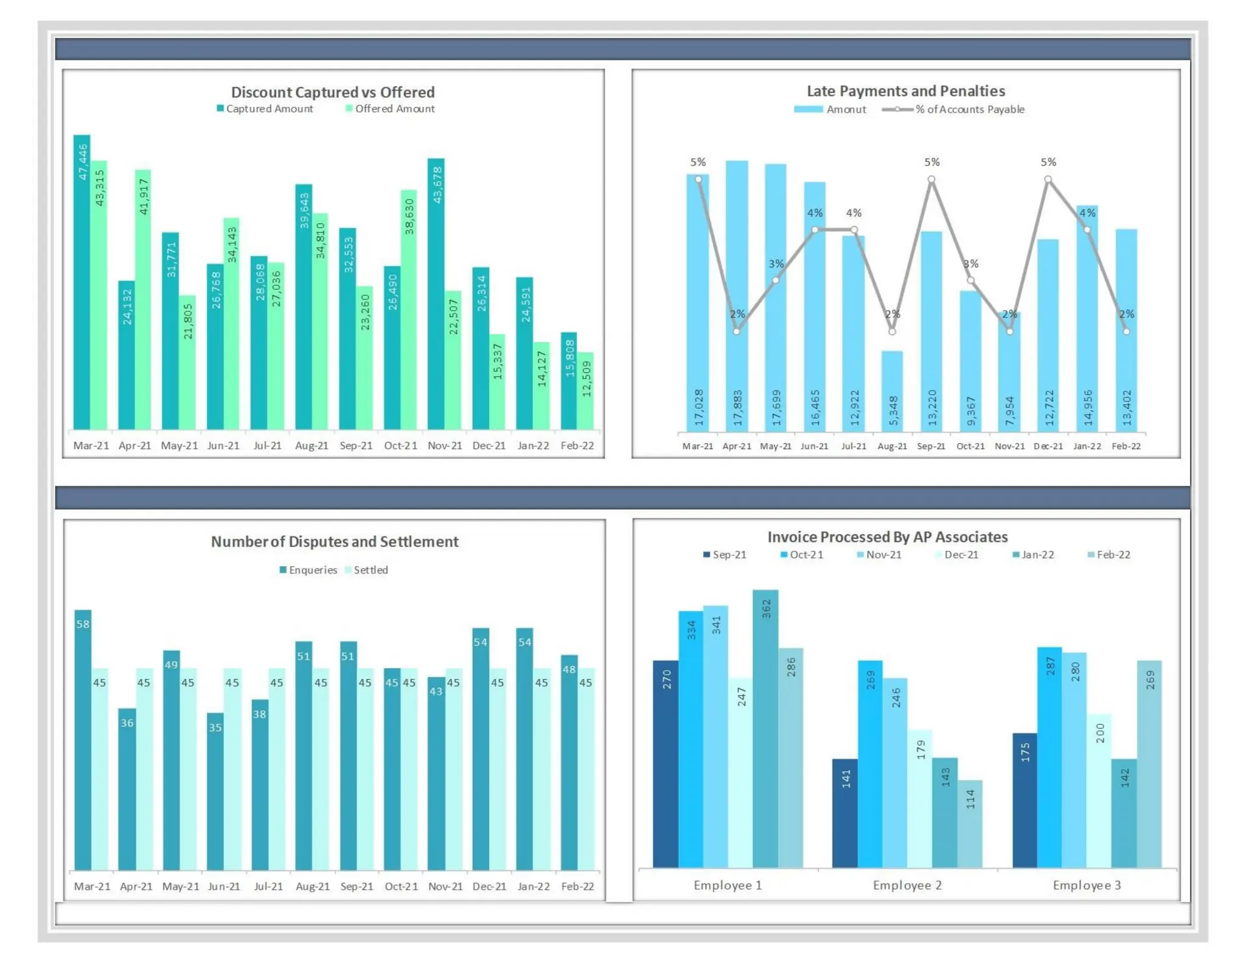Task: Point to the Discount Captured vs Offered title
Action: [x=333, y=93]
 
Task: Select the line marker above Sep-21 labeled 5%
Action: [x=931, y=180]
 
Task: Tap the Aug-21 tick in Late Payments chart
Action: [x=892, y=446]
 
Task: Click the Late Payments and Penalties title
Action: [x=905, y=91]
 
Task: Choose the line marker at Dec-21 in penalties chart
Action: [x=1048, y=180]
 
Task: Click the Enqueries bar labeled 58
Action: [x=83, y=739]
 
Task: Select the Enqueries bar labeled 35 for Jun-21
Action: [x=215, y=791]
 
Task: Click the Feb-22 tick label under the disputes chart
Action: [x=577, y=886]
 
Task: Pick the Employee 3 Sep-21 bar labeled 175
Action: [x=1025, y=800]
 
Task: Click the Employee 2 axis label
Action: [x=907, y=885]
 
